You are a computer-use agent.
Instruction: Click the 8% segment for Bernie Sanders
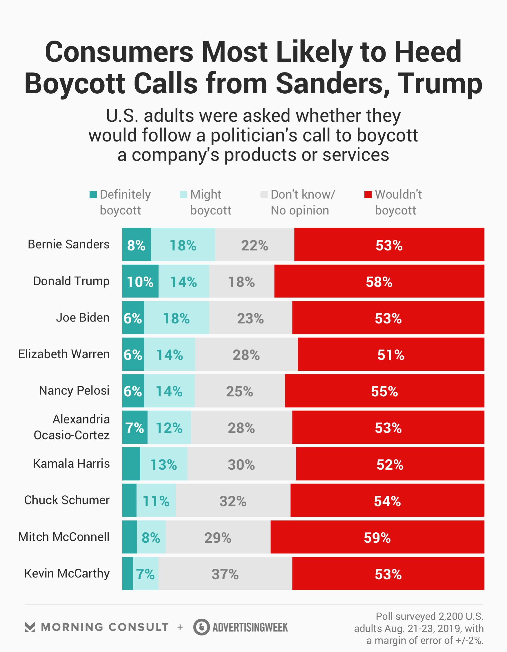pos(137,245)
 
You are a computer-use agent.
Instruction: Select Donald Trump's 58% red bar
pos(379,281)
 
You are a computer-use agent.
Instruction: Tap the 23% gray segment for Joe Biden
pos(250,318)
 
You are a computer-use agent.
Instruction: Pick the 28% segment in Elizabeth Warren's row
pos(246,354)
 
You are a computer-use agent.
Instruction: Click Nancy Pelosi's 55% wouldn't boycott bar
pos(385,391)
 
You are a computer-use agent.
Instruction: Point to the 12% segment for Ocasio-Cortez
pos(169,428)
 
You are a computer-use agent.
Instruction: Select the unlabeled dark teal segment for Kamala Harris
pos(131,464)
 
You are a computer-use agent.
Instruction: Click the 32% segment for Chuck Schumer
pos(233,501)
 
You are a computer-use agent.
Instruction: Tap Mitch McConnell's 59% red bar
pos(377,537)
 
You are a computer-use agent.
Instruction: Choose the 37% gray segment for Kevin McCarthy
pos(225,574)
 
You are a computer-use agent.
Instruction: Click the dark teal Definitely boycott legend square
pos(93,195)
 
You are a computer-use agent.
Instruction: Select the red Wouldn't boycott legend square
pos(368,195)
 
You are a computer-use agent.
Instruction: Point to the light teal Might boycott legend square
pos(183,195)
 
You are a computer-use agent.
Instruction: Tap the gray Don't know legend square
pos(264,195)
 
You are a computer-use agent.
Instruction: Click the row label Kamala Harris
pos(71,464)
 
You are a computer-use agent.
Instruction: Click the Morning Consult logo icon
pos(30,627)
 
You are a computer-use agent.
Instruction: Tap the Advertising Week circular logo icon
pos(201,627)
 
